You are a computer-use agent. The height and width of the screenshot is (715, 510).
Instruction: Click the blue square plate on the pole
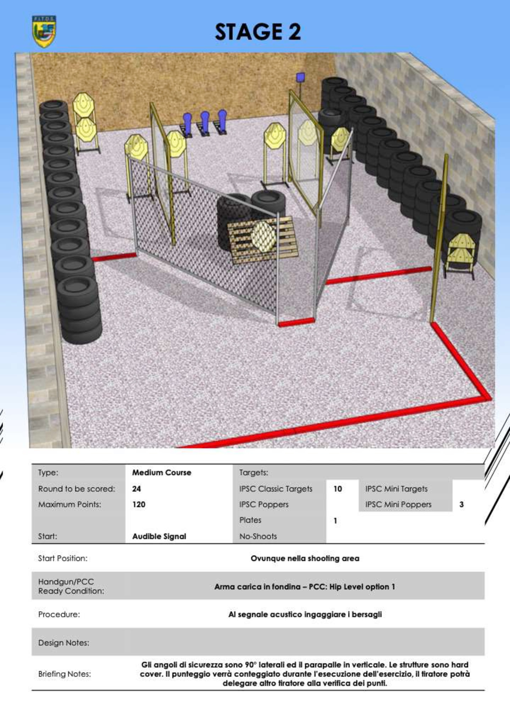300,77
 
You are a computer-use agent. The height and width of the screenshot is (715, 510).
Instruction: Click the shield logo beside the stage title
44,32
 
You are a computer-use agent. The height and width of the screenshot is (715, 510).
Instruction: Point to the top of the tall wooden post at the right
446,156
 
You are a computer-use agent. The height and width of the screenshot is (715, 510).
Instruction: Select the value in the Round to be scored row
137,489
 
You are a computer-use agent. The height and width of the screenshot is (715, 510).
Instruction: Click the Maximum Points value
139,504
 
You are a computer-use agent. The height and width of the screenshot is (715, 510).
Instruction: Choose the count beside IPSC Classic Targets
338,489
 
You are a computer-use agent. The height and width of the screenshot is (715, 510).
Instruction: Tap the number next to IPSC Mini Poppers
461,504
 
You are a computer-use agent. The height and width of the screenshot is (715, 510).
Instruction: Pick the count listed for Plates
335,521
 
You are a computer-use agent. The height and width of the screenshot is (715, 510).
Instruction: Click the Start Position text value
305,558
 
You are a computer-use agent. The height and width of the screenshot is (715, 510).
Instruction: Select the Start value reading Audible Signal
159,536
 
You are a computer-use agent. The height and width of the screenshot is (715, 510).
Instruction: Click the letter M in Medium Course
135,472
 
